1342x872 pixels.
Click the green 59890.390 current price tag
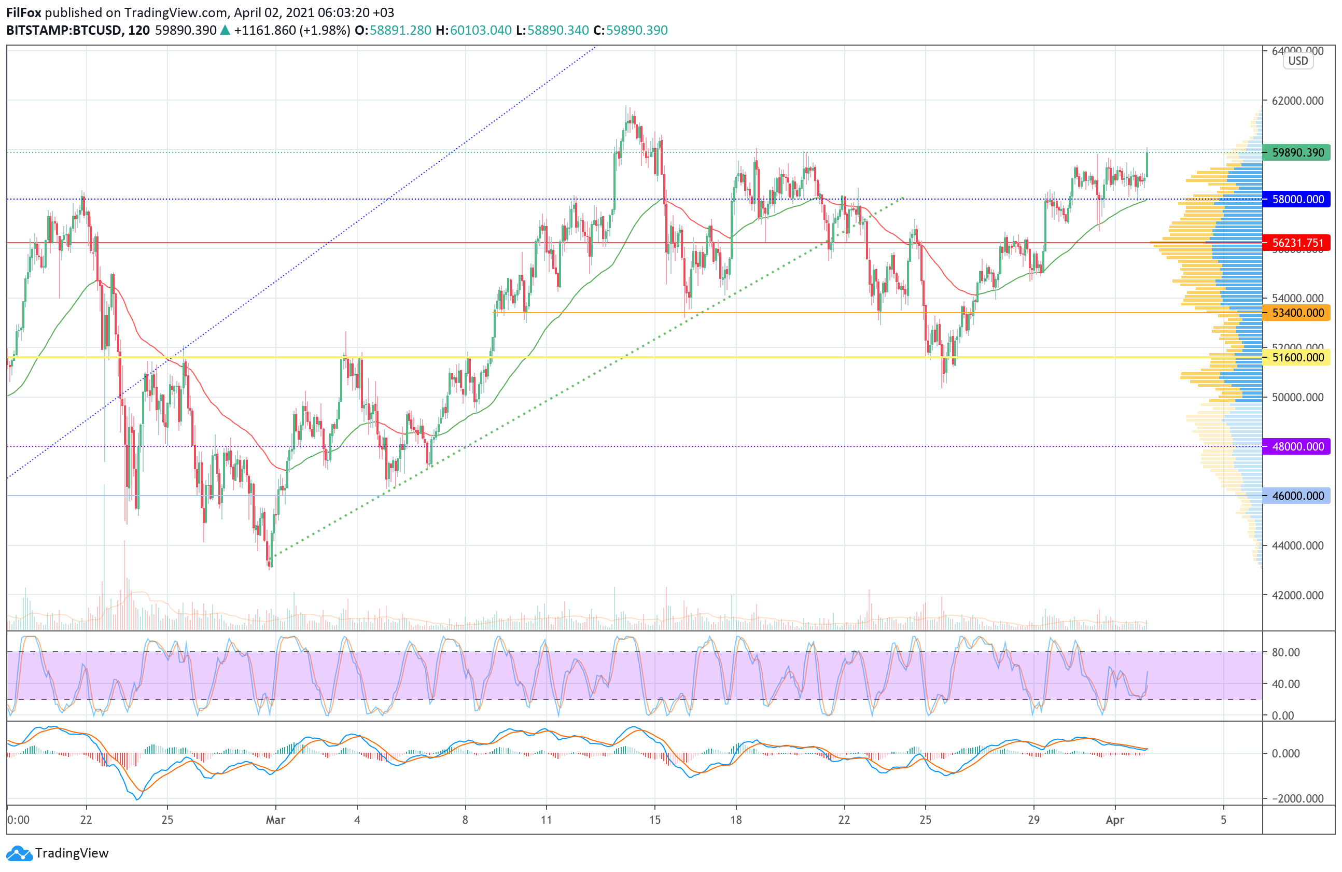1298,153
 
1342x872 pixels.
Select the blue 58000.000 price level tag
1298,199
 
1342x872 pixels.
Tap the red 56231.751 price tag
1298,243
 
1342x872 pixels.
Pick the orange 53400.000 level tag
1298,313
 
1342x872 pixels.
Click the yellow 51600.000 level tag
1298,357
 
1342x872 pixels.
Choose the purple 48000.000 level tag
1298,446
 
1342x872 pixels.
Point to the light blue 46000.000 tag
1298,496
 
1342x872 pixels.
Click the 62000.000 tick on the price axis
1298,101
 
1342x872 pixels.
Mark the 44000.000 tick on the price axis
1298,545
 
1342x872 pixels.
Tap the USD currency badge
1298,61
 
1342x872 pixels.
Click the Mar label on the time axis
275,820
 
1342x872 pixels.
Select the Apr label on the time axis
1115,820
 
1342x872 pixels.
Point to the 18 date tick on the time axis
736,820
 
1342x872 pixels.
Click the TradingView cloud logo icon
19,853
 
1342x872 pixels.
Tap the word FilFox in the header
24,12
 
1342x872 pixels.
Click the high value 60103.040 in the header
480,31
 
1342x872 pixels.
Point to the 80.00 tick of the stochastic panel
1285,652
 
